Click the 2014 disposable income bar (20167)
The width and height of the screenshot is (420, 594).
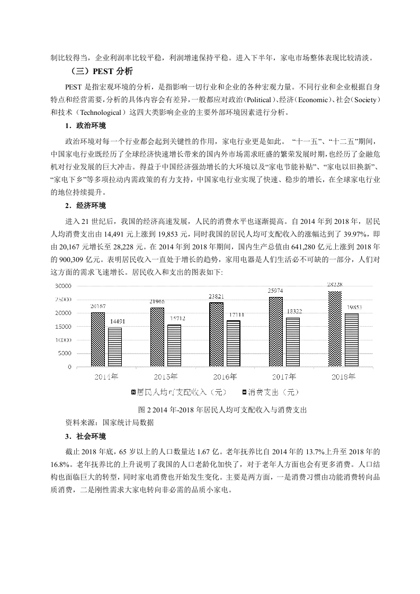point(97,339)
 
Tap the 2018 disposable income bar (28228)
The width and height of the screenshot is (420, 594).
point(335,329)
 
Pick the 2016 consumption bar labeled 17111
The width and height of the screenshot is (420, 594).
point(234,344)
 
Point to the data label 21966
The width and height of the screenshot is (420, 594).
point(157,302)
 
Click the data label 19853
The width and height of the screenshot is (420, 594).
point(353,308)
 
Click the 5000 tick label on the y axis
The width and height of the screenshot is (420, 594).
point(64,353)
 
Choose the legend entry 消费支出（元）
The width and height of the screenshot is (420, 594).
point(270,392)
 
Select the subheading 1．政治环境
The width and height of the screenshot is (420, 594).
point(85,126)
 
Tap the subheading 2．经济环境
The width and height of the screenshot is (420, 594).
point(85,205)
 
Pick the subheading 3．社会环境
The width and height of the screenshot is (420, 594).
point(85,436)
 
